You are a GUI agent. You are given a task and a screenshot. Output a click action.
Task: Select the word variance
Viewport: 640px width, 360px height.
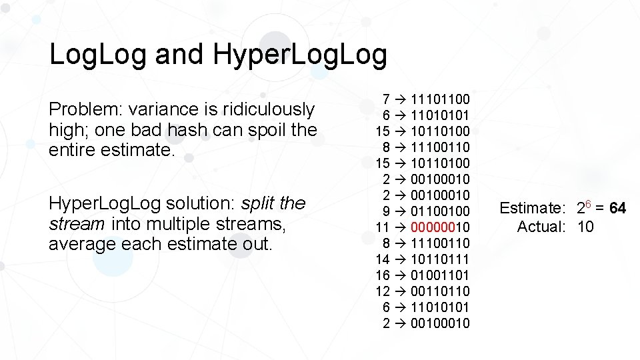[163, 109]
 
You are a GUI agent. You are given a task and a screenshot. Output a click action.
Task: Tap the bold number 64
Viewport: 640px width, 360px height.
[617, 209]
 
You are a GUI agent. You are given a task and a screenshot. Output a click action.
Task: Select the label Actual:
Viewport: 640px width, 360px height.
[541, 227]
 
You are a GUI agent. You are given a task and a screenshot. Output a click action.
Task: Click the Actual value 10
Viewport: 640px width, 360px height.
[585, 227]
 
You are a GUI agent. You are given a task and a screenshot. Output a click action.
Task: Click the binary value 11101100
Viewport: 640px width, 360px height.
[441, 99]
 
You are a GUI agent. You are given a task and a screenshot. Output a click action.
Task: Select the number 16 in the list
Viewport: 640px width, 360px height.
[383, 275]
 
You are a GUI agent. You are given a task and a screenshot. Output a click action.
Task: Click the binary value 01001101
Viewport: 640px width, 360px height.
[441, 275]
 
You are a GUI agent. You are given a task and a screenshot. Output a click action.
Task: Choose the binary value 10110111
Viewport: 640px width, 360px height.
[441, 259]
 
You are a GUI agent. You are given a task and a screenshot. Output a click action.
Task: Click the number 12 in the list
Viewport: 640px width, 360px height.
[383, 291]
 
